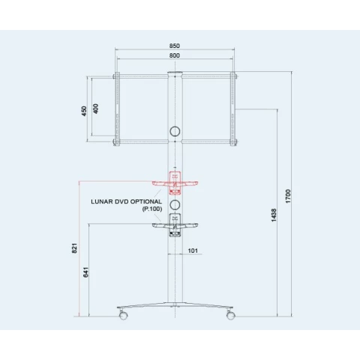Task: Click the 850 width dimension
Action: [175, 46]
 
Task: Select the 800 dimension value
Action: [175, 55]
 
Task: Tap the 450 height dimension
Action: [84, 111]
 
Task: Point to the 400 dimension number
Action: [95, 109]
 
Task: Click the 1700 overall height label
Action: [288, 196]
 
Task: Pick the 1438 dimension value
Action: [274, 215]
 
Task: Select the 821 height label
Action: [74, 248]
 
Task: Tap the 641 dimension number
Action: [85, 272]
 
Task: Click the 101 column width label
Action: [193, 250]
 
